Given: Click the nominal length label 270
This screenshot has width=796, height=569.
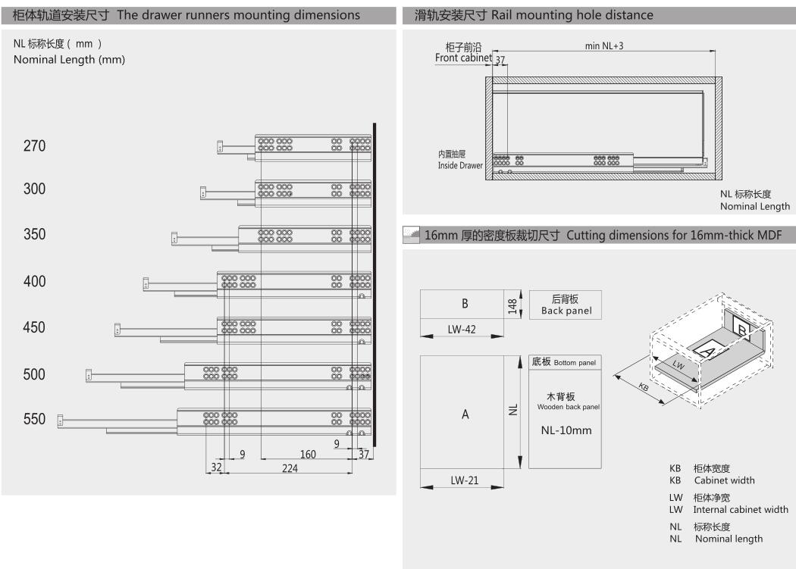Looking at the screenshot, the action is [x=35, y=145].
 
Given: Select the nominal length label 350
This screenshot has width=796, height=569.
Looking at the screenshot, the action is [x=35, y=234].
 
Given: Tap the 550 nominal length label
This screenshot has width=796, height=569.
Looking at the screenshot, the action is [x=35, y=419].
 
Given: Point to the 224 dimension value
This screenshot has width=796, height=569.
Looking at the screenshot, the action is [x=290, y=468].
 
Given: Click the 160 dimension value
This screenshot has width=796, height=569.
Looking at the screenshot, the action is [x=308, y=454].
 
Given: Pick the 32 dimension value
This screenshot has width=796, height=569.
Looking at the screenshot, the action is [x=216, y=467].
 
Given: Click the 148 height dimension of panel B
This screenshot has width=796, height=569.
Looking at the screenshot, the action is [x=512, y=306].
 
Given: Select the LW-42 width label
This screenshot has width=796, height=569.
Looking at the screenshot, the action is [x=462, y=330].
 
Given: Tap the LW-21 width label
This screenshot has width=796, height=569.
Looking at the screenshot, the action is [x=465, y=480].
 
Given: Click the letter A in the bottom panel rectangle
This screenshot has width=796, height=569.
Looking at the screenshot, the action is [x=465, y=414].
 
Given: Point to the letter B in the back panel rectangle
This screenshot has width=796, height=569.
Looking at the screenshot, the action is [x=465, y=304].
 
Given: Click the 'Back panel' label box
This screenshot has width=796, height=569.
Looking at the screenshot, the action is [x=566, y=305].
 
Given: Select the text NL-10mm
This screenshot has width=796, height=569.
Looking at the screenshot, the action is [x=566, y=430].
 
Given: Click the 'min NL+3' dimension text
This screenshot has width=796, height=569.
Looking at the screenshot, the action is [x=604, y=45].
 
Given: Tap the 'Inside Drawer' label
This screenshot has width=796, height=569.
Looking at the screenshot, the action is [x=460, y=165].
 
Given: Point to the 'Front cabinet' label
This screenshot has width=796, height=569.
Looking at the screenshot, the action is [x=463, y=58].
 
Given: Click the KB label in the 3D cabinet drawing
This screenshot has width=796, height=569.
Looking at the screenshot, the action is [x=644, y=386].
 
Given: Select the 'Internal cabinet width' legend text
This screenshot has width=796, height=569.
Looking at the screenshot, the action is [x=741, y=510].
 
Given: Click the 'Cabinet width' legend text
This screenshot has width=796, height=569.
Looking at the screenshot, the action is [x=725, y=480].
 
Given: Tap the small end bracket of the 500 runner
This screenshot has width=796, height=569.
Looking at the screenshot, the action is [x=89, y=375].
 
